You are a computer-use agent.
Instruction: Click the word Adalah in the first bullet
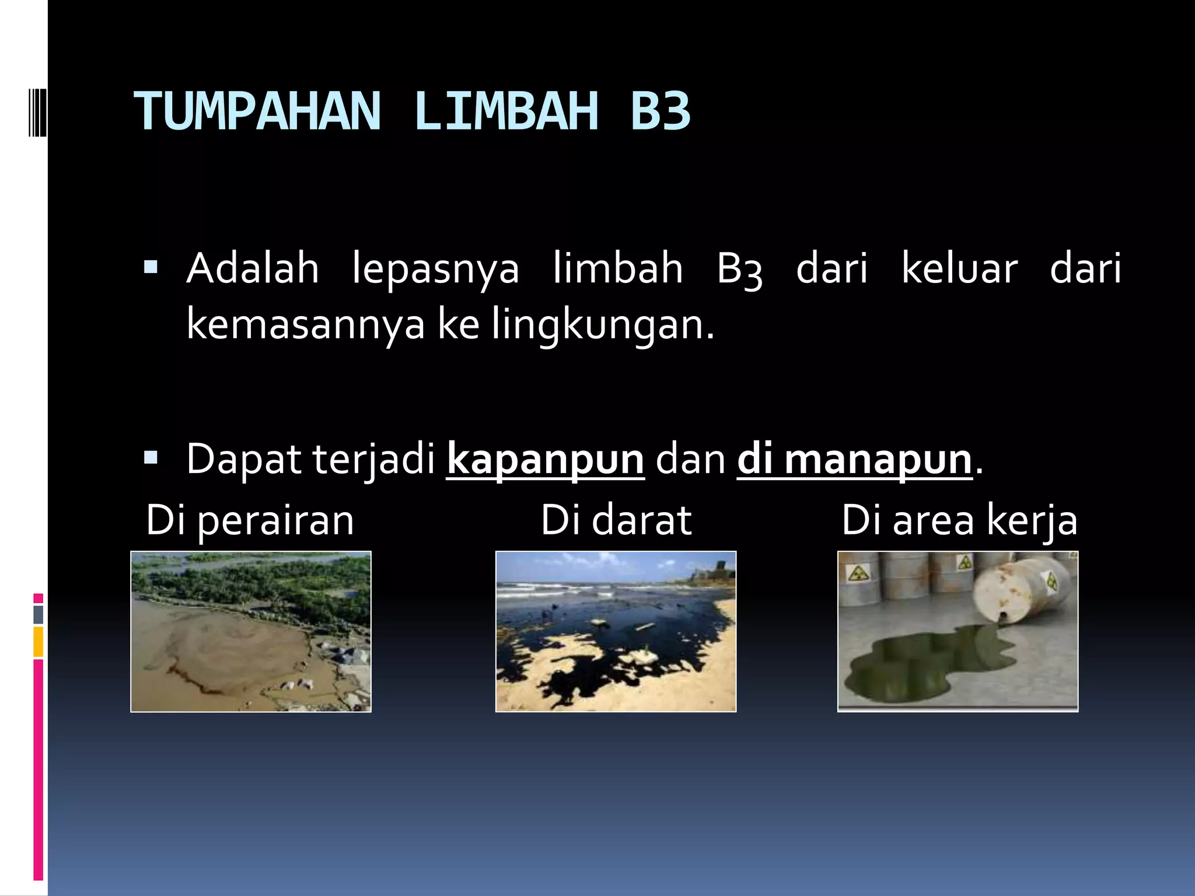pyautogui.click(x=253, y=269)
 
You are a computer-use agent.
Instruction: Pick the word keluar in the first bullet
pyautogui.click(x=960, y=269)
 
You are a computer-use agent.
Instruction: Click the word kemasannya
pyautogui.click(x=306, y=325)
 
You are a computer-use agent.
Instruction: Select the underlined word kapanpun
pyautogui.click(x=545, y=461)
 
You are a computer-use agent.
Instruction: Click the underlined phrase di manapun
pyautogui.click(x=855, y=461)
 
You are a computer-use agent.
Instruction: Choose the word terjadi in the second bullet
pyautogui.click(x=374, y=461)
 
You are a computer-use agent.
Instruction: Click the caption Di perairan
pyautogui.click(x=250, y=520)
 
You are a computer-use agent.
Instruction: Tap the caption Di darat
pyautogui.click(x=616, y=520)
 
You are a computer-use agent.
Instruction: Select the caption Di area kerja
pyautogui.click(x=959, y=520)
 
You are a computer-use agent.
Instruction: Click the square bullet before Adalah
pyautogui.click(x=151, y=268)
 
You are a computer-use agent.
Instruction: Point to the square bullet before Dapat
pyautogui.click(x=151, y=458)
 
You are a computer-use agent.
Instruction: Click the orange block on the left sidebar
pyautogui.click(x=39, y=642)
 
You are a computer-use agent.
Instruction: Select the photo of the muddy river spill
pyautogui.click(x=251, y=631)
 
